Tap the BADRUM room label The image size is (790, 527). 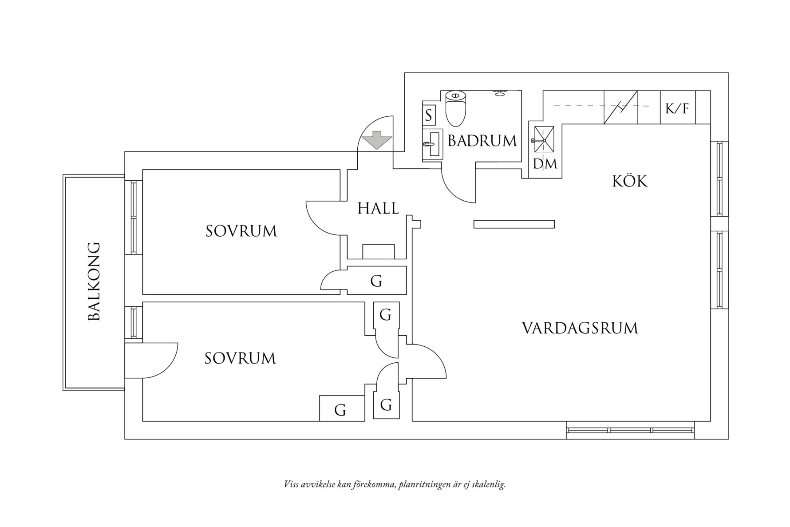coord(482,141)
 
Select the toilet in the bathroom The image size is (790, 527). coord(455,108)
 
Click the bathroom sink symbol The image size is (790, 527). coord(433,144)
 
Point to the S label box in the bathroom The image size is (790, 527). coord(429,115)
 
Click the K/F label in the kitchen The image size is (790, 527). coord(677,108)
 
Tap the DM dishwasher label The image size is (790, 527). coord(545,164)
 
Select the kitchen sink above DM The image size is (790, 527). coord(544,140)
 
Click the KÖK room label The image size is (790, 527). coord(630,181)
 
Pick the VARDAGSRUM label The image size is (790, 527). coord(580,329)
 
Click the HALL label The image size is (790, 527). coord(378,208)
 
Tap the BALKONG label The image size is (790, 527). coord(94,281)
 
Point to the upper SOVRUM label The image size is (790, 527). coord(241,231)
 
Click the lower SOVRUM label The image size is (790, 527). coord(240,358)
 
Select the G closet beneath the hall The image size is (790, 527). coord(376,281)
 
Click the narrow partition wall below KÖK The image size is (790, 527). coord(514,224)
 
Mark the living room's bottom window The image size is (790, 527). coord(630,430)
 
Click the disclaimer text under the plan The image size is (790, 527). coord(395,484)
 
